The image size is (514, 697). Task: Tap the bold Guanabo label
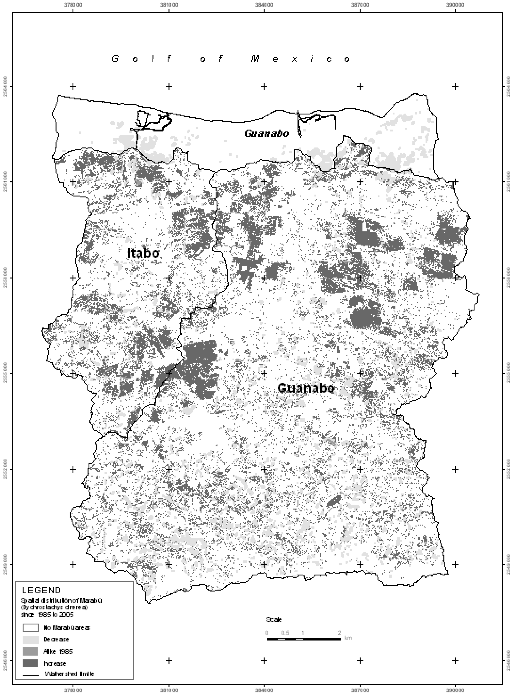point(306,388)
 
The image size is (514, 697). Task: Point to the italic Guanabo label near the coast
point(267,134)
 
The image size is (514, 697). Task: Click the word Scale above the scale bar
point(274,619)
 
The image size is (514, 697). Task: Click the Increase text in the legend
point(55,663)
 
